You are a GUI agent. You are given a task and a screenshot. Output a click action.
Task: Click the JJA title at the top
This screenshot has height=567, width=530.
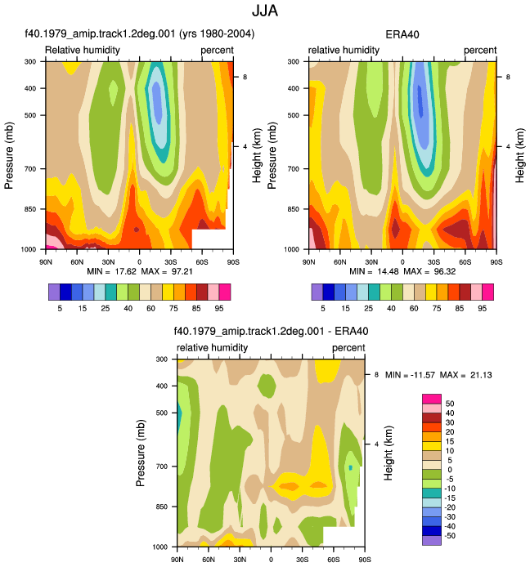[265, 11]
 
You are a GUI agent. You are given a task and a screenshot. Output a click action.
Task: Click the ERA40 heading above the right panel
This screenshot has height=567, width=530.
[402, 34]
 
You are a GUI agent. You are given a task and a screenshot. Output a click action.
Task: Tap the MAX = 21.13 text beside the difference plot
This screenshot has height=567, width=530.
[465, 375]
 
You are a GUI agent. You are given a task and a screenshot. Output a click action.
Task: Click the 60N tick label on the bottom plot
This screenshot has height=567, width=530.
[209, 560]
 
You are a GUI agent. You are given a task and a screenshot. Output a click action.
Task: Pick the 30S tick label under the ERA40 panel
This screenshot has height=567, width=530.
[433, 261]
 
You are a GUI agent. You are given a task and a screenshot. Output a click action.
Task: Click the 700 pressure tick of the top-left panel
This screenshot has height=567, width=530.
[30, 169]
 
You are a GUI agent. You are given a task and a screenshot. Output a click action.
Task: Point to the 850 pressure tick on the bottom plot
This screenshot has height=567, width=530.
[161, 507]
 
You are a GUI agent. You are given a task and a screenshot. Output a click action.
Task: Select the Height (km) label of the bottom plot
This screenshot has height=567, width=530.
[389, 453]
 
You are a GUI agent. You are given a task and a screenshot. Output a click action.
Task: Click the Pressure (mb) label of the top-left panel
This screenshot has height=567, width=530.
[9, 155]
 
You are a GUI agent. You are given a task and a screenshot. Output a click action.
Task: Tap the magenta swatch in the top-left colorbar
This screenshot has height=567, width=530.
[225, 292]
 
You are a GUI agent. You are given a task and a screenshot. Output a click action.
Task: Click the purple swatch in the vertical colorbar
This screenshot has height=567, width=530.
[432, 540]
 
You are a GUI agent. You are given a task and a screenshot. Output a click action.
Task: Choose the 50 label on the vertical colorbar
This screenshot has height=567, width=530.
[450, 404]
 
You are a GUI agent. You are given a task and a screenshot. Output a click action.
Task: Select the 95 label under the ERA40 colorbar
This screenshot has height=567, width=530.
[482, 308]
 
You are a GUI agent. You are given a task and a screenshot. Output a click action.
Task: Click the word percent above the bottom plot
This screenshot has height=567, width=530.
[348, 347]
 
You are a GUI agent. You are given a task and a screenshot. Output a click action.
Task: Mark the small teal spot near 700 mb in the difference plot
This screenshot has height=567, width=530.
[350, 467]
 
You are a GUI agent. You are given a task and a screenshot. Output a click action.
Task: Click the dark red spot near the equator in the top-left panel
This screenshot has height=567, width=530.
[137, 230]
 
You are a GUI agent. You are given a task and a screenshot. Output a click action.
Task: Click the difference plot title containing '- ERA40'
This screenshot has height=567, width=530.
[272, 331]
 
